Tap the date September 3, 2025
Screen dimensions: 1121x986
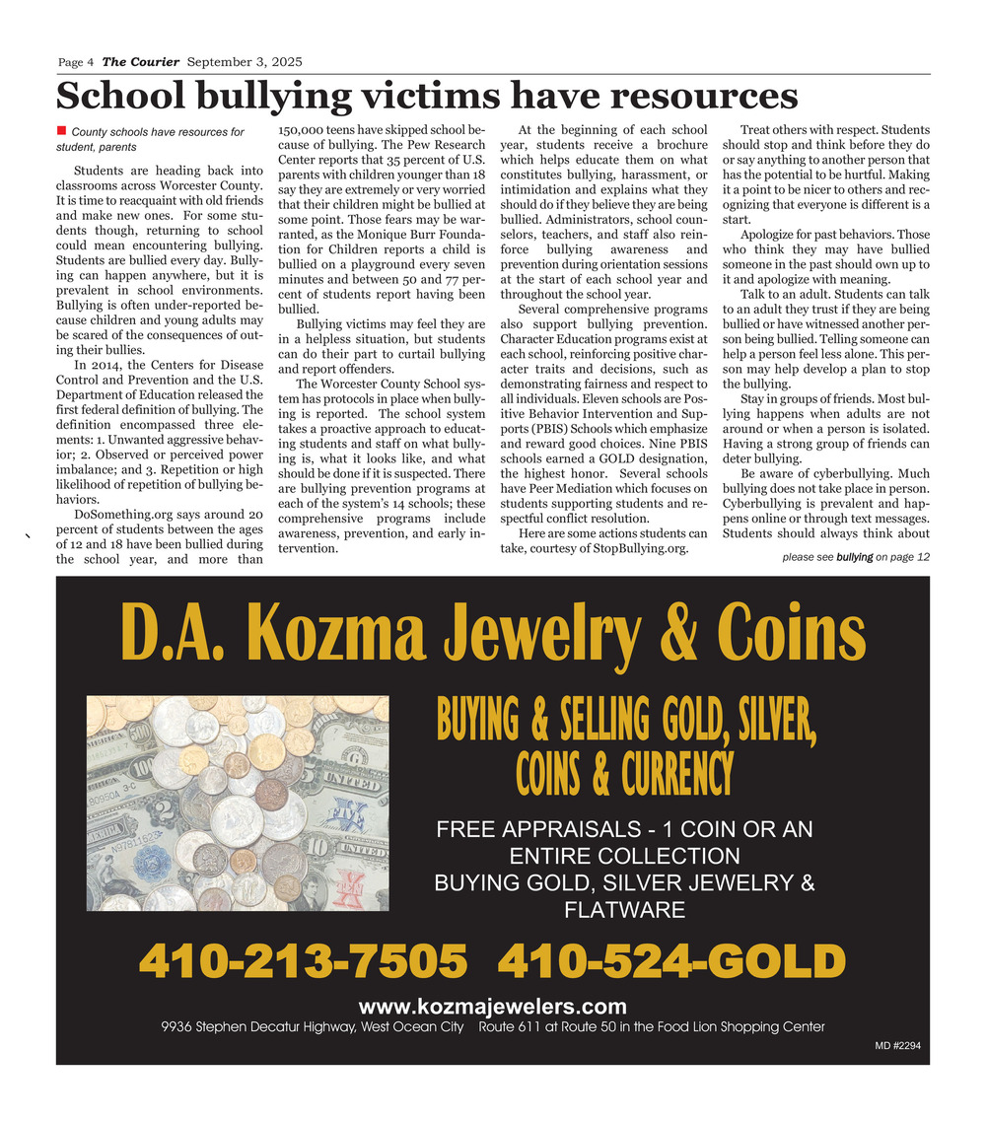(x=245, y=62)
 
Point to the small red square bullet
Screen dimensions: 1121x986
(x=61, y=130)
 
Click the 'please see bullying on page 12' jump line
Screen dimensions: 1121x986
(x=855, y=557)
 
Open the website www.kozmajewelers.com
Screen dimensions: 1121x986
(x=492, y=1007)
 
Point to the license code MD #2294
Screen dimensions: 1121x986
(x=897, y=1046)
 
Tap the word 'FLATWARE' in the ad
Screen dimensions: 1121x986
(x=624, y=910)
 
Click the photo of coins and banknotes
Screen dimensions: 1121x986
(x=237, y=804)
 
